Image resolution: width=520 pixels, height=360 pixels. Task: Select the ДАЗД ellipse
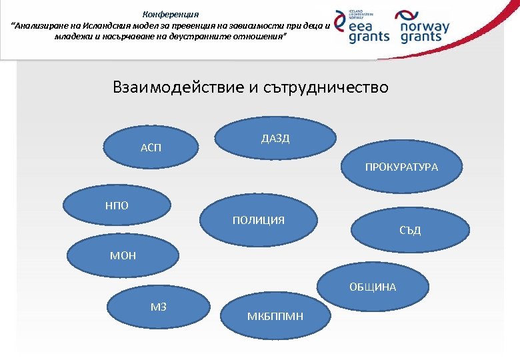tap(275, 139)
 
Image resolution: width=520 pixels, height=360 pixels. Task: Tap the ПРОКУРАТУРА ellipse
tap(401, 167)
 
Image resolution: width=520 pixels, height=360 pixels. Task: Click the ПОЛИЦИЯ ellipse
tap(259, 220)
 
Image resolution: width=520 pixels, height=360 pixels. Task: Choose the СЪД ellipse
tap(411, 231)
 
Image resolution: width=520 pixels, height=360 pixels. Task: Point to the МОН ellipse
tap(124, 255)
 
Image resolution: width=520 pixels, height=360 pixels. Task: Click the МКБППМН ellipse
tap(275, 315)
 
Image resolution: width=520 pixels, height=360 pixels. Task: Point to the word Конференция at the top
tap(171, 14)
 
